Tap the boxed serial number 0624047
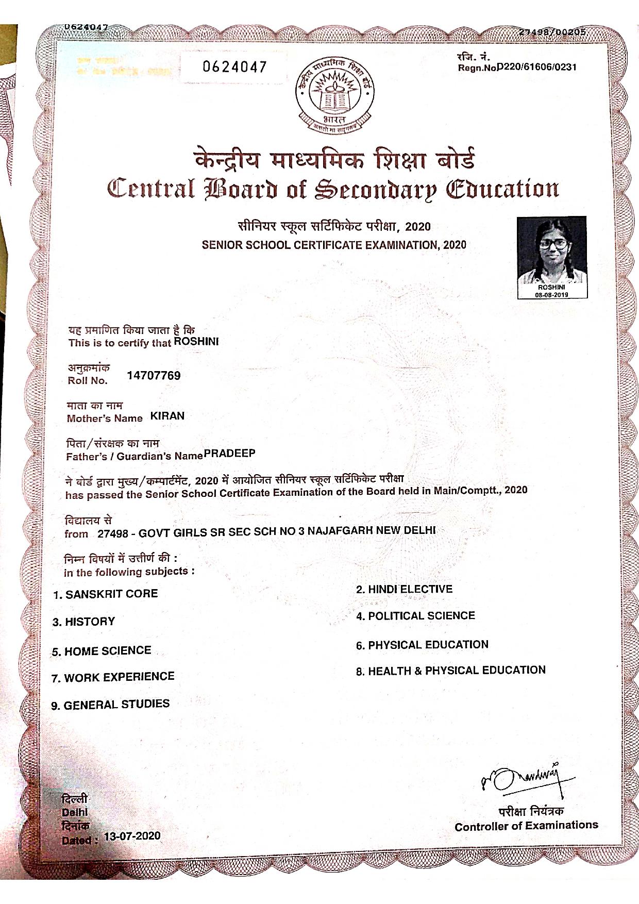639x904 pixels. click(x=234, y=67)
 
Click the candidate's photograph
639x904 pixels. click(x=551, y=250)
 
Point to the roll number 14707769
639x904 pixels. click(x=154, y=376)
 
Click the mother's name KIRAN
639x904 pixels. click(x=167, y=416)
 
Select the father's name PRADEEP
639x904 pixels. click(x=229, y=454)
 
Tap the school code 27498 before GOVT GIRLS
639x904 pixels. click(x=112, y=533)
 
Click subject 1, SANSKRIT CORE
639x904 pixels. click(x=111, y=594)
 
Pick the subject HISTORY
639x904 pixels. click(x=90, y=622)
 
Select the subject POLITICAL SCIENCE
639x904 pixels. click(x=421, y=616)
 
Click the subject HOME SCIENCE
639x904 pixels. click(x=107, y=651)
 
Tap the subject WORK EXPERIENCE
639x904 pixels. click(x=119, y=677)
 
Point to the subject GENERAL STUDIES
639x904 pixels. click(x=116, y=705)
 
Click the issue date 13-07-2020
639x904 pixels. click(x=132, y=836)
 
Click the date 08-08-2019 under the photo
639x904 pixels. click(x=551, y=295)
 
